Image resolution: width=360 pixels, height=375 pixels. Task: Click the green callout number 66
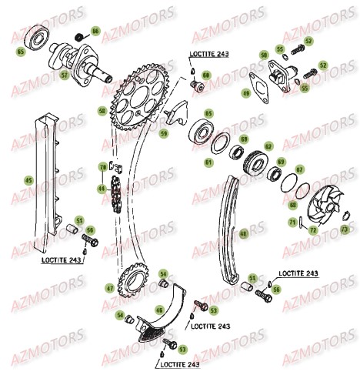pos(95,31)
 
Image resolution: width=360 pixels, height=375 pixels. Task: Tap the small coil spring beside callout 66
pos(80,36)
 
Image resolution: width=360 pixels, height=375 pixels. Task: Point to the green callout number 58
pos(102,112)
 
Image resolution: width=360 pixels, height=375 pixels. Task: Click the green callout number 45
pos(28,180)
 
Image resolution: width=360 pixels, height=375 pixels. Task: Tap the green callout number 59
pos(164,132)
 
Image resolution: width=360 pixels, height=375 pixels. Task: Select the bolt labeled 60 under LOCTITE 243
pos(195,81)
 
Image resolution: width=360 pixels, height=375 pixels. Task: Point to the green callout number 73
pos(344,229)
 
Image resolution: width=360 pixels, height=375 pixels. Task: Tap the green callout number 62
pos(268,145)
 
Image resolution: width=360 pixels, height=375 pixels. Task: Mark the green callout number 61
pos(208,162)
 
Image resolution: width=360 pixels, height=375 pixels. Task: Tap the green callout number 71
pos(292,223)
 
